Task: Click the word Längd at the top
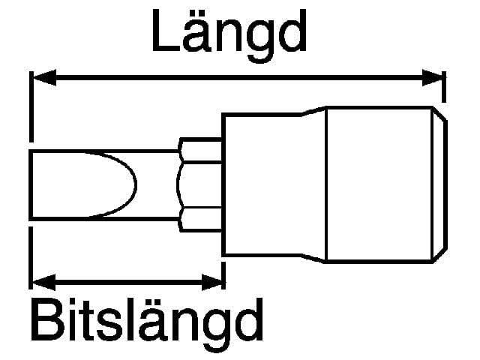[x=229, y=34]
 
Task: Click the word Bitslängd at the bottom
[x=147, y=325]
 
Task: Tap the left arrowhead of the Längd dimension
[x=44, y=78]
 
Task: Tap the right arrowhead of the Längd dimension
[x=432, y=78]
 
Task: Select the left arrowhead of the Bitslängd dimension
[x=43, y=282]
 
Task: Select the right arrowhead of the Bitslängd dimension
[x=211, y=282]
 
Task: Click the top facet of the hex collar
[x=200, y=150]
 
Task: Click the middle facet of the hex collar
[x=199, y=185]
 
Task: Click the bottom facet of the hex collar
[x=200, y=220]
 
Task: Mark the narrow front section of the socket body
[x=262, y=184]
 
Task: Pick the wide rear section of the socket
[x=379, y=184]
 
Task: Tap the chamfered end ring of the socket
[x=440, y=184]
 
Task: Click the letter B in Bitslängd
[x=47, y=320]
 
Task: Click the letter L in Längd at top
[x=165, y=31]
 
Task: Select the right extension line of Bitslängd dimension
[x=223, y=275]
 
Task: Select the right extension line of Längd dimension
[x=444, y=87]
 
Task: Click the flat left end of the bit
[x=31, y=185]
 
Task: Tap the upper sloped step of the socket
[x=313, y=111]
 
